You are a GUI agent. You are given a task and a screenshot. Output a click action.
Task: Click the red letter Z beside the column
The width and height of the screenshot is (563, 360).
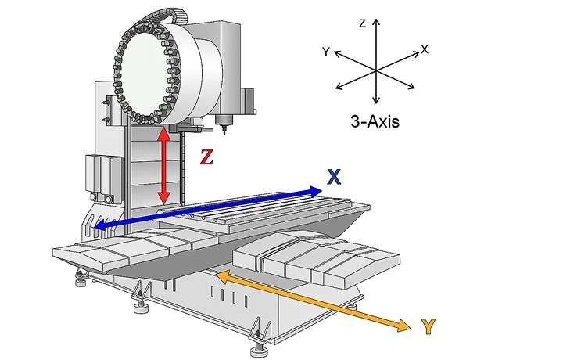click(x=206, y=157)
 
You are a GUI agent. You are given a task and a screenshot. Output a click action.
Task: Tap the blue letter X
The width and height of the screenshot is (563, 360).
click(x=334, y=177)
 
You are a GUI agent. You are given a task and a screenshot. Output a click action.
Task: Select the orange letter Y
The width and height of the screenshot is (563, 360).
click(x=428, y=326)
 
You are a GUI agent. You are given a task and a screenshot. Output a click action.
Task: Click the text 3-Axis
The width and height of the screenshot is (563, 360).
click(x=375, y=121)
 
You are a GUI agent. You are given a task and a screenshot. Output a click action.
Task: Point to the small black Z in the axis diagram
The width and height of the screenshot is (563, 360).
click(x=363, y=23)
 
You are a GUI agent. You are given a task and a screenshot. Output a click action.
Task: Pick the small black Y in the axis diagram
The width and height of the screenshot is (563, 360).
click(x=325, y=52)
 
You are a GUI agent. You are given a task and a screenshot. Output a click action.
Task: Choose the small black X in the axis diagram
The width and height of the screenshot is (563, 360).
click(x=425, y=49)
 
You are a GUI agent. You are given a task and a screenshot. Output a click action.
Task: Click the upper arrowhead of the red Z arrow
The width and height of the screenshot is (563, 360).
click(x=164, y=134)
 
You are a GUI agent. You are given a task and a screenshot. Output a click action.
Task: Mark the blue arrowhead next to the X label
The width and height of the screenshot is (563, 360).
click(x=316, y=192)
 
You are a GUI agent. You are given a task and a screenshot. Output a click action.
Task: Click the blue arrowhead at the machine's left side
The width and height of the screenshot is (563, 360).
click(x=100, y=225)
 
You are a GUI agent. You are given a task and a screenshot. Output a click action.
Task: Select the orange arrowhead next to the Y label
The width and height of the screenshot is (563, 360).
click(x=403, y=326)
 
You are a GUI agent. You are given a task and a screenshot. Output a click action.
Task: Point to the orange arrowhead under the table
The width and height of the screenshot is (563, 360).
click(x=223, y=276)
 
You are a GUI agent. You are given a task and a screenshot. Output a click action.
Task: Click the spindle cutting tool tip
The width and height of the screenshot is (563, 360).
click(x=225, y=133)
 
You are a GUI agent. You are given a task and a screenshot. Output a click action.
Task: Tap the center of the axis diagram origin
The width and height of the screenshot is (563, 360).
click(x=376, y=70)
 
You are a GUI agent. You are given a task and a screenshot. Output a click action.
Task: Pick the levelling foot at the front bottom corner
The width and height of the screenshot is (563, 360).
click(x=259, y=349)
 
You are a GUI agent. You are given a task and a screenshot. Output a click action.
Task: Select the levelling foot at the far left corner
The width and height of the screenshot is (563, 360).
click(x=81, y=280)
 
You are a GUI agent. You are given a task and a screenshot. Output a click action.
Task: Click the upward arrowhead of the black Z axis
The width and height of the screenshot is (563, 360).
click(x=376, y=22)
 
